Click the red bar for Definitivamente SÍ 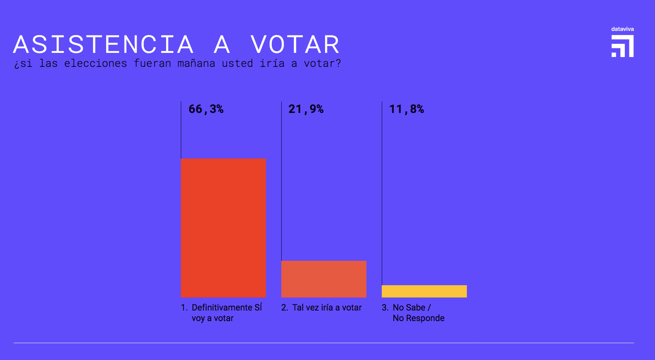tap(223, 228)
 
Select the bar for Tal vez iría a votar tap(324, 279)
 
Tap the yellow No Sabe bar tap(424, 291)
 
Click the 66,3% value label tap(206, 109)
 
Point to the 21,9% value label tap(306, 109)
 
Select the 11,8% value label tap(407, 109)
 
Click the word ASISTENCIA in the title tap(103, 45)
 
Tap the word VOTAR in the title tap(295, 45)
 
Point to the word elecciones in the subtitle tap(96, 63)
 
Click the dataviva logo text tap(623, 29)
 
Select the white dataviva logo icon tap(623, 46)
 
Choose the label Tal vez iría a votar tap(327, 307)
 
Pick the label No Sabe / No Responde tap(418, 313)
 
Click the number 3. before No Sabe tap(385, 307)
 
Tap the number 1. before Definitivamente tap(184, 307)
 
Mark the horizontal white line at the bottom tap(324, 343)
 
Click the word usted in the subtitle tap(237, 63)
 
